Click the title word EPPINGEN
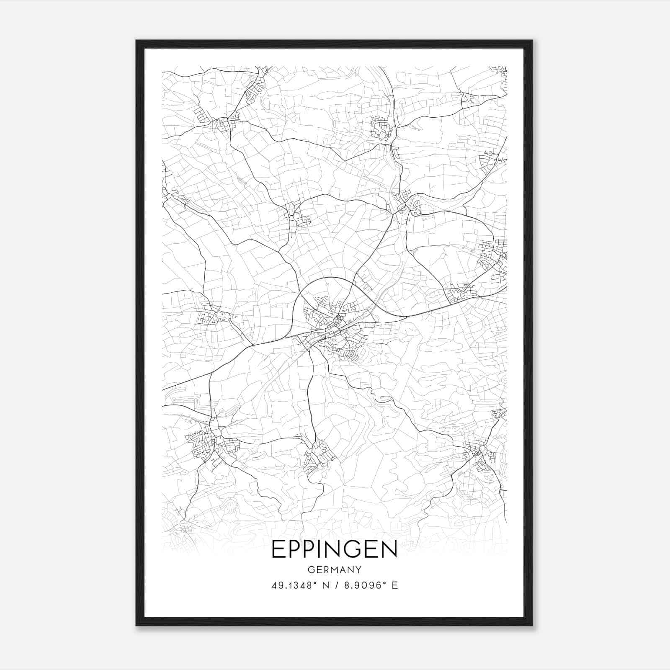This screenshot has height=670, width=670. [x=335, y=549]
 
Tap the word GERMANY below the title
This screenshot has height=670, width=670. [x=335, y=570]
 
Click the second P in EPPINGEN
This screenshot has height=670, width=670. [x=307, y=549]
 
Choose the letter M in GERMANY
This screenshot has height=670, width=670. [x=335, y=570]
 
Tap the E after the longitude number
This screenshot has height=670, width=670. [x=395, y=585]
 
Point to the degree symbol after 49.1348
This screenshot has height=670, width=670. [x=316, y=583]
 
